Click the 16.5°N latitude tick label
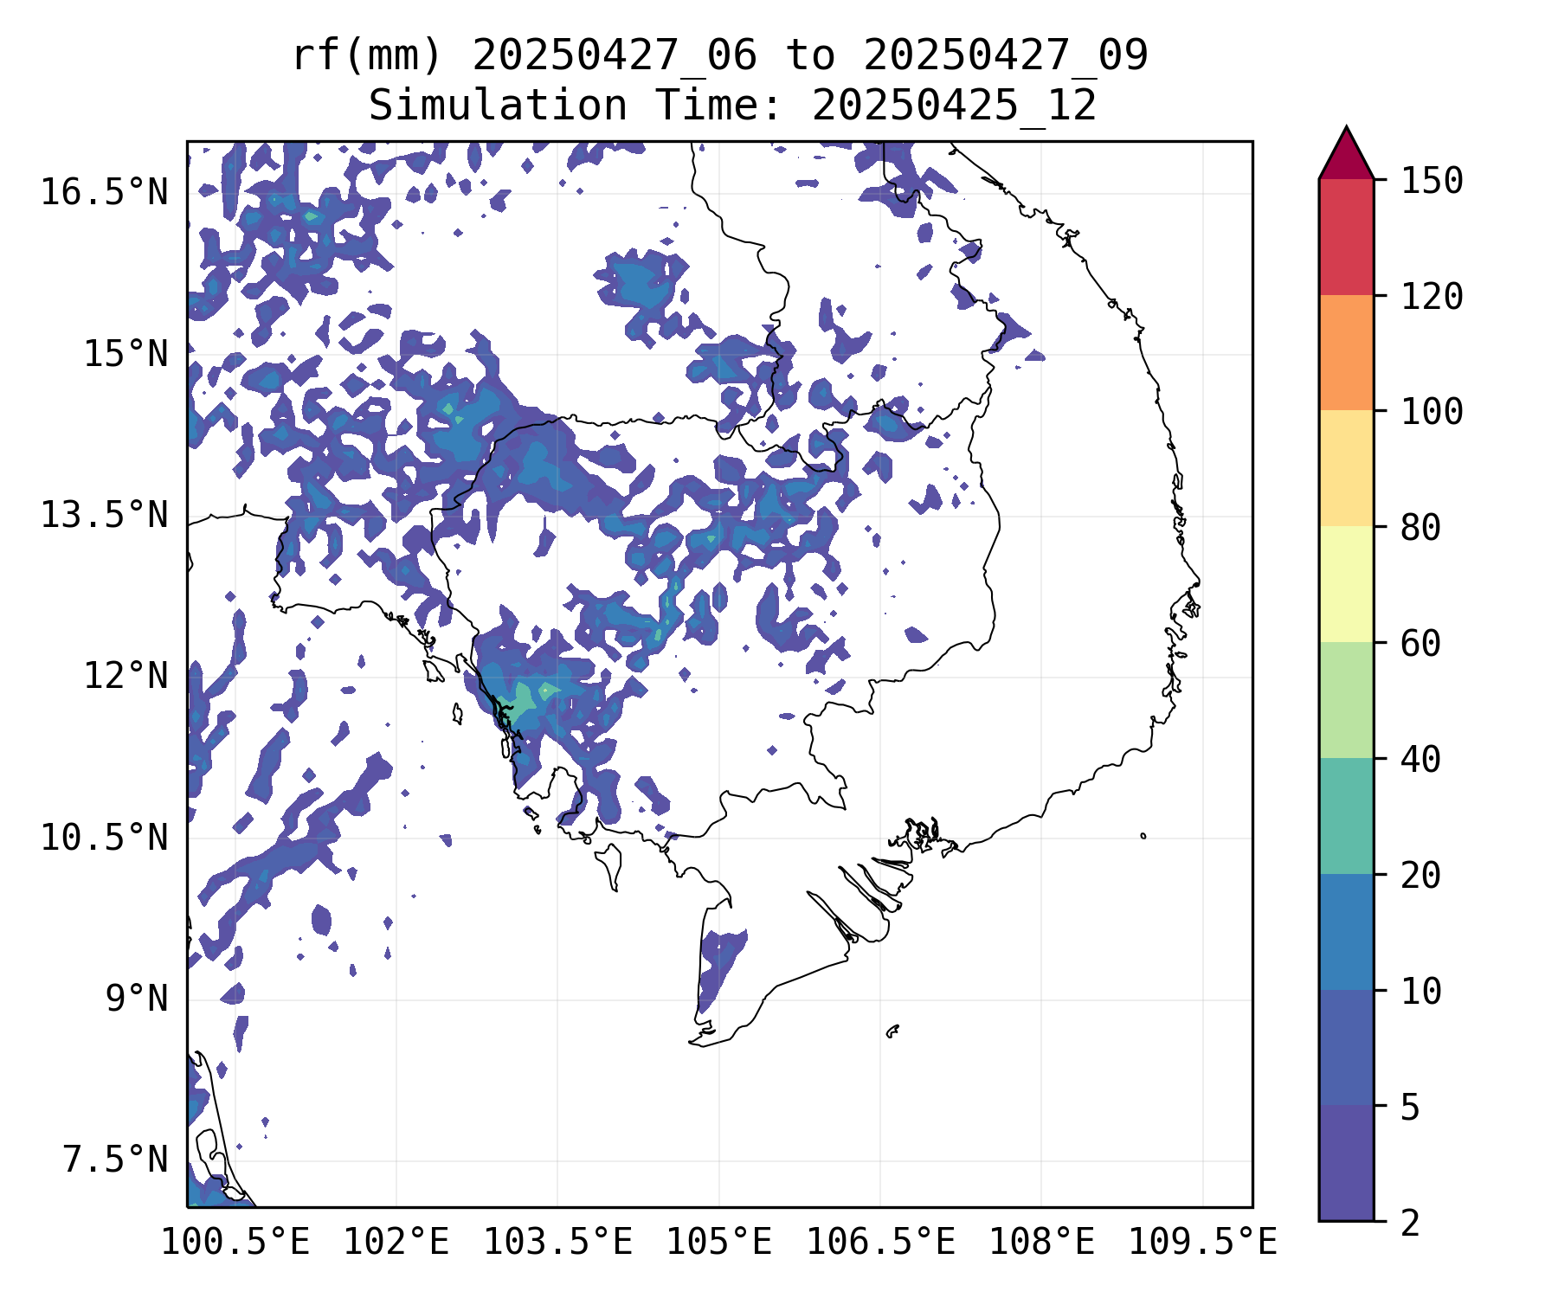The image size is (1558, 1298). pyautogui.click(x=104, y=192)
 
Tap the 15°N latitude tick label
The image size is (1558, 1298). pyautogui.click(x=125, y=354)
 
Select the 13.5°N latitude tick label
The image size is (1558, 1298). pyautogui.click(x=104, y=516)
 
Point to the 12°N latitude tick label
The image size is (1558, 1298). pyautogui.click(x=125, y=676)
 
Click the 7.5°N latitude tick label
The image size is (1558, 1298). pyautogui.click(x=114, y=1160)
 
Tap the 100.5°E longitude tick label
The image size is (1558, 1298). pyautogui.click(x=235, y=1243)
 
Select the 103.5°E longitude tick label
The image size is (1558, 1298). pyautogui.click(x=557, y=1243)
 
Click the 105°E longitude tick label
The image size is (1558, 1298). pyautogui.click(x=718, y=1243)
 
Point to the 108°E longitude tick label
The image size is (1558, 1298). pyautogui.click(x=1040, y=1243)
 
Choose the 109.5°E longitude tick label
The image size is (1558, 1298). pyautogui.click(x=1202, y=1243)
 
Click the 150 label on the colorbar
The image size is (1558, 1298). pyautogui.click(x=1432, y=182)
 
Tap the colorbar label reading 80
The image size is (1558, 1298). pyautogui.click(x=1420, y=528)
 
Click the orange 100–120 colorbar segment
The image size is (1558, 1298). pyautogui.click(x=1346, y=352)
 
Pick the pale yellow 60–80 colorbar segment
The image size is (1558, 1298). pyautogui.click(x=1346, y=584)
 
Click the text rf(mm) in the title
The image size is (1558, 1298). pyautogui.click(x=367, y=56)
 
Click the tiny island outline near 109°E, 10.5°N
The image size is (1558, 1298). pyautogui.click(x=1143, y=836)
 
